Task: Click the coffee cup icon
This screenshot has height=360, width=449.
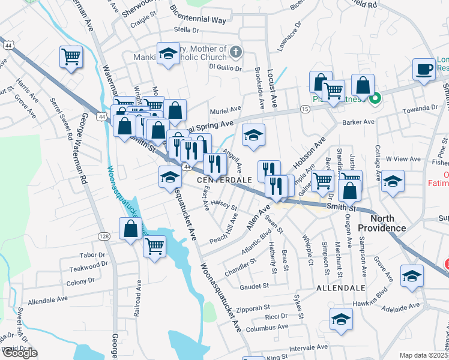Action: [424, 68]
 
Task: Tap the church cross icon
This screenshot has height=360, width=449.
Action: [236, 52]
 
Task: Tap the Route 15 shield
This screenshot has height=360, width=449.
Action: [305, 109]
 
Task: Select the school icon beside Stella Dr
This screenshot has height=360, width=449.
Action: [169, 53]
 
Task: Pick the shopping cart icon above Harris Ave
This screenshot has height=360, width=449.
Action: [71, 57]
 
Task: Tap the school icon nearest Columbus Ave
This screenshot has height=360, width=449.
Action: [341, 319]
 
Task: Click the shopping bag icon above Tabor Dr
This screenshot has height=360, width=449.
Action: [130, 229]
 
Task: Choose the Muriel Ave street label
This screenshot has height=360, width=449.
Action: [225, 111]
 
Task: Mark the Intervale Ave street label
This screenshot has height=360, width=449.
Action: [308, 347]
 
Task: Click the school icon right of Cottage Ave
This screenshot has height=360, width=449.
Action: [393, 182]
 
